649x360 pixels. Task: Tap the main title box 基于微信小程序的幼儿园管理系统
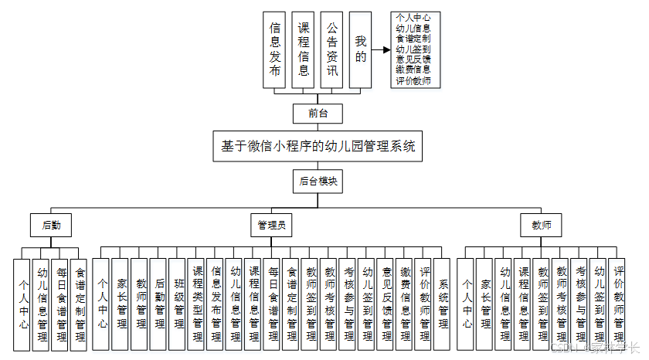[318, 145]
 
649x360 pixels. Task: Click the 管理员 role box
[272, 226]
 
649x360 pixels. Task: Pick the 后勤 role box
[51, 226]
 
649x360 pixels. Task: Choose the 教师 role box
[541, 226]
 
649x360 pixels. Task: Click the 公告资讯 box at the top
[331, 50]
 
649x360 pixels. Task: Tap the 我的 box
[360, 50]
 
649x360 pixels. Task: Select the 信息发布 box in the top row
[275, 50]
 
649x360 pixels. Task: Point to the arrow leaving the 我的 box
[381, 50]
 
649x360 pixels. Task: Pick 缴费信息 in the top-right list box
[413, 70]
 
